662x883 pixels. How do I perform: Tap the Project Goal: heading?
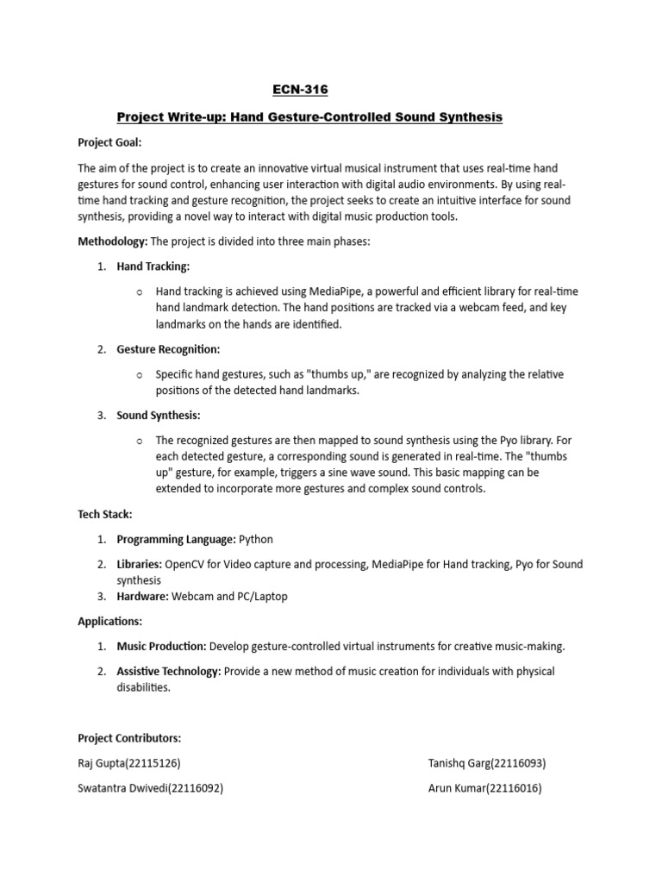click(109, 143)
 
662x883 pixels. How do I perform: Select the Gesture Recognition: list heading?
click(169, 349)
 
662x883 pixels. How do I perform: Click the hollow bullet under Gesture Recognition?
click(139, 375)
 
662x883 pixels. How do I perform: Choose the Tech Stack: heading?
click(105, 514)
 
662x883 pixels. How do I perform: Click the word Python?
click(256, 540)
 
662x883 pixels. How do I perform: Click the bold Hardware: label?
click(143, 596)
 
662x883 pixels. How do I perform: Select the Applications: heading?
click(110, 621)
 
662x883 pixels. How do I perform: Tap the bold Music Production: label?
click(161, 647)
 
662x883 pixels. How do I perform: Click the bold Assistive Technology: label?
click(169, 672)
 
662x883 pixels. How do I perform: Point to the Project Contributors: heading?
click(129, 738)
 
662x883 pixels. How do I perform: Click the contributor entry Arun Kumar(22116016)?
click(484, 788)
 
